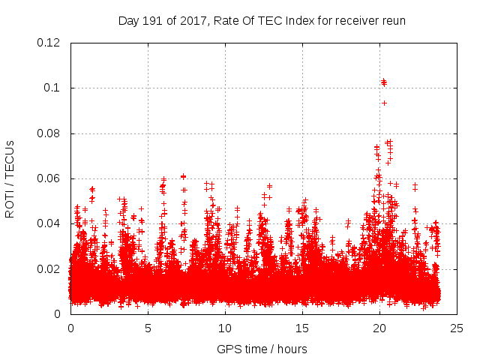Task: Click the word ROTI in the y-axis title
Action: (10, 205)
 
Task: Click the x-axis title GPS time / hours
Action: (262, 349)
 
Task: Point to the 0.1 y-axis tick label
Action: (52, 88)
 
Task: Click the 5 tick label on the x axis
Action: (148, 328)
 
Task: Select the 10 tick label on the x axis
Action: (225, 328)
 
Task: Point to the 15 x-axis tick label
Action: (302, 328)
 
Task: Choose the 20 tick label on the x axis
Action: (379, 328)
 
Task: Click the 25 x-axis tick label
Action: (457, 328)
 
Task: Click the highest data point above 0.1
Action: (383, 80)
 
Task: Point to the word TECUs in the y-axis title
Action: (10, 160)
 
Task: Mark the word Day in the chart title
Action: (128, 20)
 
